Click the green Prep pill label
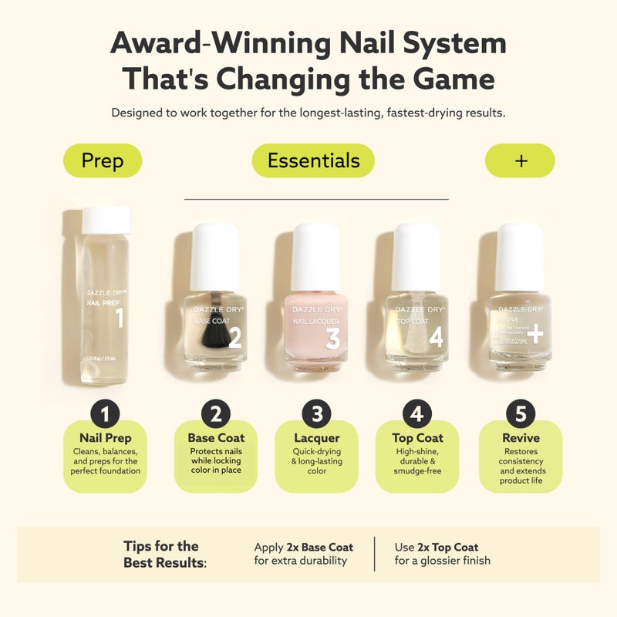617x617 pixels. (102, 161)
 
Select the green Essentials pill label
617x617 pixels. (313, 160)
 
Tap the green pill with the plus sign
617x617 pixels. (520, 160)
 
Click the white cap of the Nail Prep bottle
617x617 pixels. (106, 221)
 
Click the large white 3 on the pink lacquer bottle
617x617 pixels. (332, 338)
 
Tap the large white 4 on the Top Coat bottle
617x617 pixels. (436, 338)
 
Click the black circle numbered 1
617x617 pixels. (105, 414)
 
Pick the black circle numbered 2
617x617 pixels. (216, 414)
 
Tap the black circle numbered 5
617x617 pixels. (521, 414)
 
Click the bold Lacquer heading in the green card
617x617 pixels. (316, 438)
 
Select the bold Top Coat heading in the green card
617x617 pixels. (416, 438)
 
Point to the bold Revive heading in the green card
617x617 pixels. (521, 438)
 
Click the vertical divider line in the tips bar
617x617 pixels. (375, 554)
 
